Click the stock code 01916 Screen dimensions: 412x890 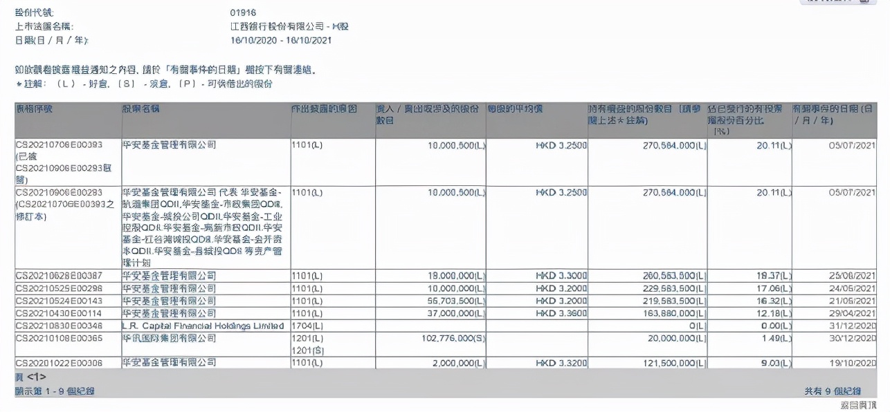point(243,12)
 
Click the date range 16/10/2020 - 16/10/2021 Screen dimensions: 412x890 point(280,40)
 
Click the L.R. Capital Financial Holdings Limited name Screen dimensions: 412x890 point(203,326)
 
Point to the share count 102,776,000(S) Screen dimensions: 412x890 point(450,338)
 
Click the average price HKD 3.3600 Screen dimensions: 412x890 point(561,313)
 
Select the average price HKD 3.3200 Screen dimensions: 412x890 point(561,362)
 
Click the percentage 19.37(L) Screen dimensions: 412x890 point(772,275)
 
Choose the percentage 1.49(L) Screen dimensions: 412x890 point(775,338)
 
